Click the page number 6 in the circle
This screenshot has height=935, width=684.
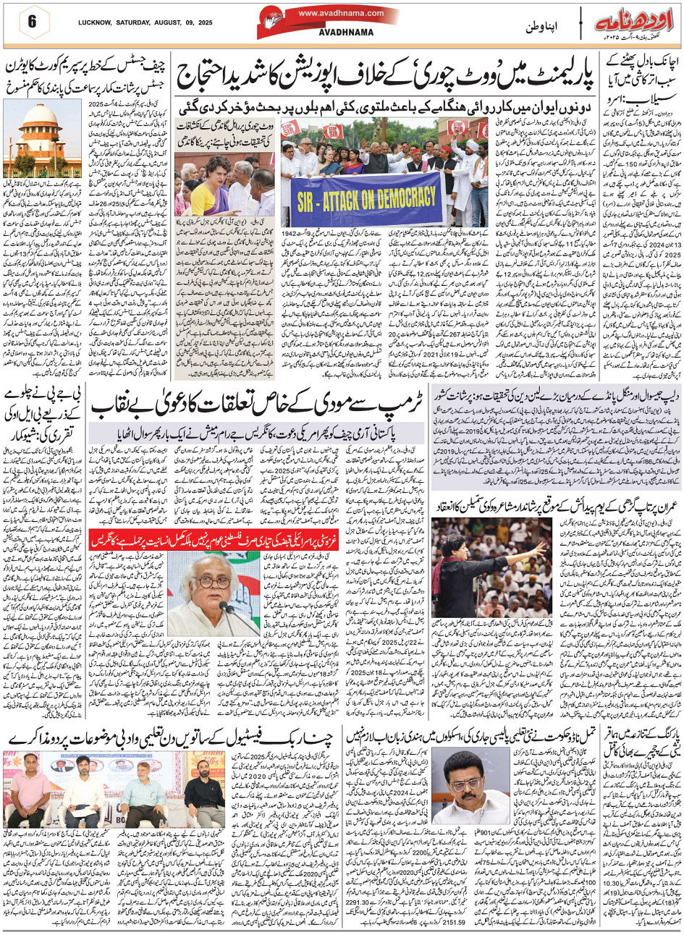pos(32,21)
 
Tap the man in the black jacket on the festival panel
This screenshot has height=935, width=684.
pos(212,784)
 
